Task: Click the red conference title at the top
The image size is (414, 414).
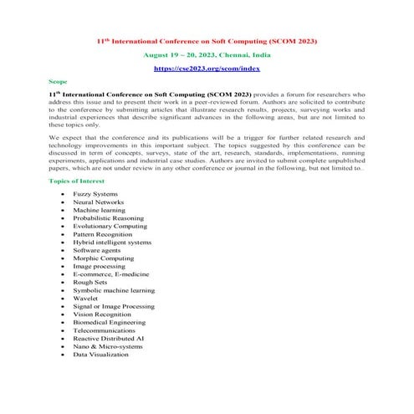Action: click(207, 39)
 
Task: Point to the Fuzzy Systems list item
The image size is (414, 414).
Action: click(95, 194)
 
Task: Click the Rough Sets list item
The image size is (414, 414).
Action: click(90, 283)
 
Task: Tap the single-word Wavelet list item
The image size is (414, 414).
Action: click(86, 299)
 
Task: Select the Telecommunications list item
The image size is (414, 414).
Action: click(103, 330)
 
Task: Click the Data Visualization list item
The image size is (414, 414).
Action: click(100, 355)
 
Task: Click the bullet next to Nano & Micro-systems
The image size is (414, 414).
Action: click(63, 346)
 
